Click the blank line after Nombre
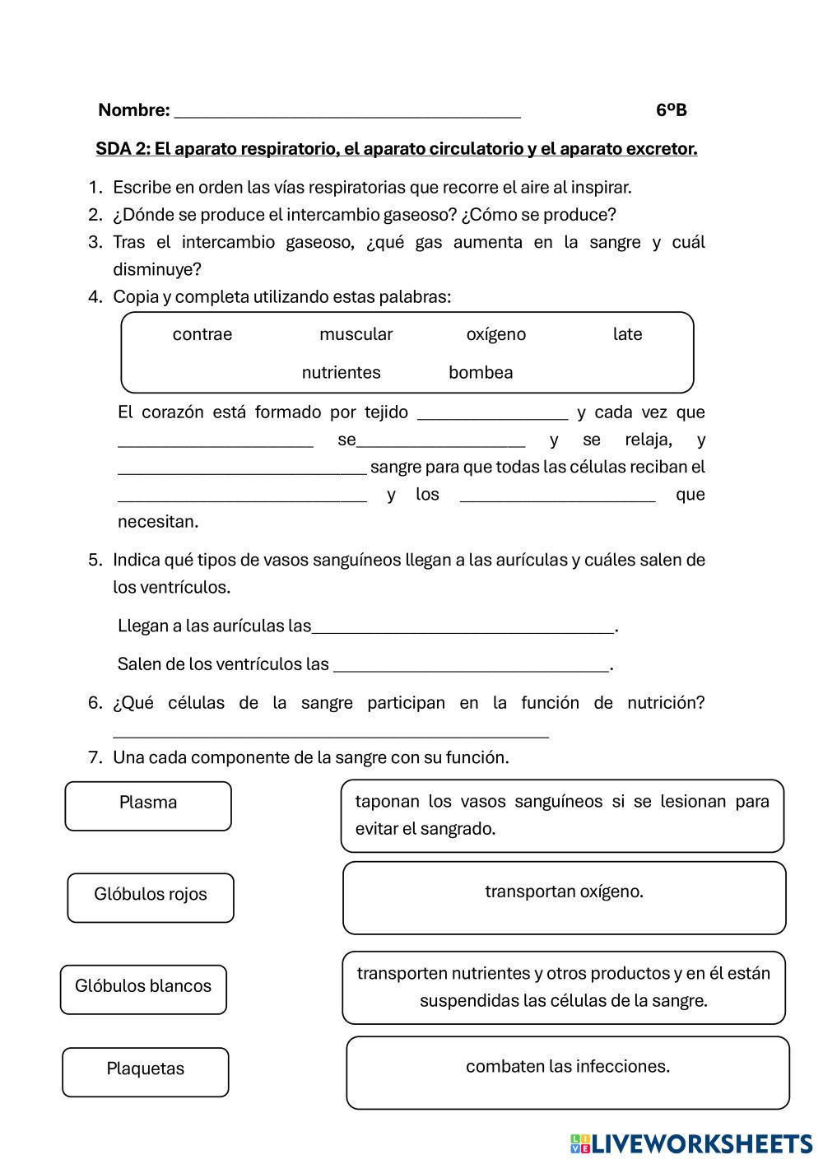click(x=347, y=112)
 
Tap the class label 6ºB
click(x=672, y=110)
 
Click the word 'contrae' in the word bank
click(x=202, y=334)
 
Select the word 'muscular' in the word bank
click(x=356, y=334)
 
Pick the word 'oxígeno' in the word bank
click(x=495, y=334)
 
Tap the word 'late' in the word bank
click(x=627, y=334)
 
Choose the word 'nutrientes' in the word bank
click(x=341, y=372)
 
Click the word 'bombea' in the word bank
click(x=481, y=372)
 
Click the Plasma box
click(x=148, y=806)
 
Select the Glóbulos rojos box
click(x=151, y=897)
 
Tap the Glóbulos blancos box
click(x=143, y=989)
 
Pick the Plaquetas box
click(x=146, y=1072)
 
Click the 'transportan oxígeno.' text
click(x=564, y=892)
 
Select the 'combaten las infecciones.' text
click(x=568, y=1066)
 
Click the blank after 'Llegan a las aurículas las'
click(x=463, y=629)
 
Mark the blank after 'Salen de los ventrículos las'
click(x=471, y=667)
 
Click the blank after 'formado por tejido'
click(x=492, y=415)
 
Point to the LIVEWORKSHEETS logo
click(x=690, y=1143)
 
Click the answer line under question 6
click(x=330, y=733)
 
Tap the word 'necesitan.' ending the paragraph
click(x=158, y=522)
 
